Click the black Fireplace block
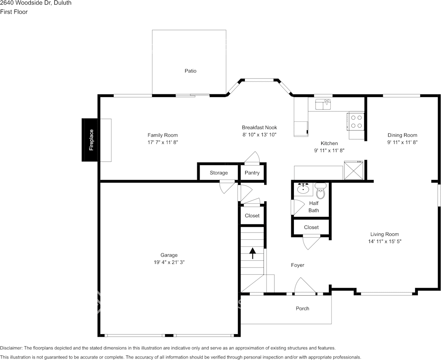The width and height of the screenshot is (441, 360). coord(90,140)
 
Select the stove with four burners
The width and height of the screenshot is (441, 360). coord(356,121)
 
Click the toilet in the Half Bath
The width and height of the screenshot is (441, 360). coord(321,192)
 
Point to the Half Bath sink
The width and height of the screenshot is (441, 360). coord(303,189)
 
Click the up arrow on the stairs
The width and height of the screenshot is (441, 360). coord(252,253)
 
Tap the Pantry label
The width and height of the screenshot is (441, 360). coord(252,173)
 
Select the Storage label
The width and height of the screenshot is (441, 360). coord(219,173)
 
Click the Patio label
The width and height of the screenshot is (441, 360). coord(190,71)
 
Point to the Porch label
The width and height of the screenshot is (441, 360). coord(303,308)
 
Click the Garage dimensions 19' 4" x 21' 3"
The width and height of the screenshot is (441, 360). coord(169,262)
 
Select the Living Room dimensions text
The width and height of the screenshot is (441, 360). coord(385,241)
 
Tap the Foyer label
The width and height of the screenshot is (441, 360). coord(298,265)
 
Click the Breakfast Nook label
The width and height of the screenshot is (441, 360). coord(259,127)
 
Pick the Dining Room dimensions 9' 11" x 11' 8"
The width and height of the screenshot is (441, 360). coord(402,142)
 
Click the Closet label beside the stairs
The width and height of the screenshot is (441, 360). coord(252,216)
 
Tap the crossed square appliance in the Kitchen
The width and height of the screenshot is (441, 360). coord(353,170)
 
